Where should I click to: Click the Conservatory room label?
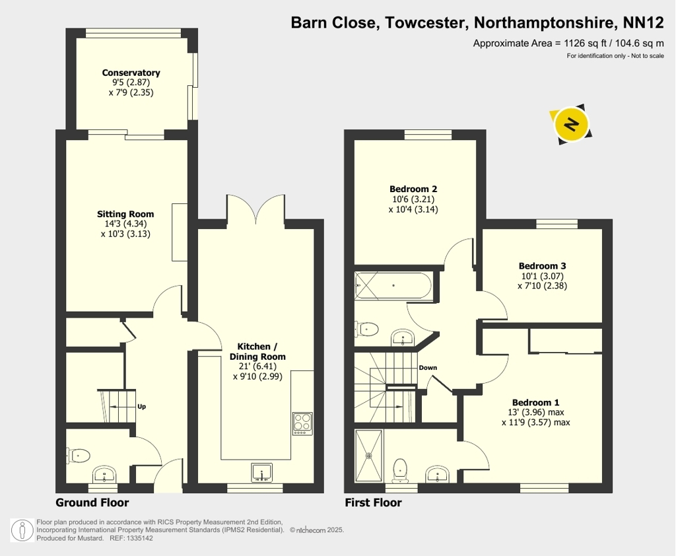(131, 73)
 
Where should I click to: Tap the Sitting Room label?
(125, 214)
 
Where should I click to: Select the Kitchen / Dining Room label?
(257, 351)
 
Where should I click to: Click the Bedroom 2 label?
(413, 189)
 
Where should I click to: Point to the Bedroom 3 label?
(542, 265)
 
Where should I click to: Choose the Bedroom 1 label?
(535, 402)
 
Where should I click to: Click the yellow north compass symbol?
(571, 124)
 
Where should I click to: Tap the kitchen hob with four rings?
(302, 423)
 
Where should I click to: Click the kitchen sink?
(261, 472)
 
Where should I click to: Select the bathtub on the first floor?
(393, 285)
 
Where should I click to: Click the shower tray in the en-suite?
(368, 456)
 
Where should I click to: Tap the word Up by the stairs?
(141, 406)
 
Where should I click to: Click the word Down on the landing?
(428, 368)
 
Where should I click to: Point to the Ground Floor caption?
(92, 503)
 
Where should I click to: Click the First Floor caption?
(374, 503)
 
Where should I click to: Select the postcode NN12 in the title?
(643, 22)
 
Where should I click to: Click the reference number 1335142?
(139, 538)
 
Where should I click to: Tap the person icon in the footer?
(22, 530)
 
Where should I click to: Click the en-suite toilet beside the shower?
(401, 470)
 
